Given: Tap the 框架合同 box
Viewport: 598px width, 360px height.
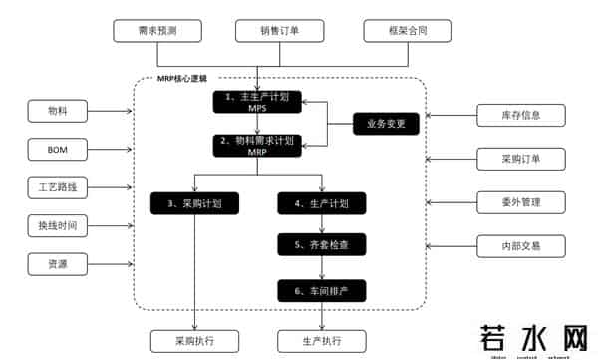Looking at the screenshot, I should click(x=408, y=31).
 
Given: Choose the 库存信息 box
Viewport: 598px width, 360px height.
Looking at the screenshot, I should click(x=521, y=116).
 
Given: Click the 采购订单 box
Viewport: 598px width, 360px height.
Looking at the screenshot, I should click(x=521, y=159).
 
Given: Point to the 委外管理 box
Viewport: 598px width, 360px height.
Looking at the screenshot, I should click(x=521, y=202).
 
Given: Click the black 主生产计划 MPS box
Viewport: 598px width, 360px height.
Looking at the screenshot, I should click(x=257, y=102).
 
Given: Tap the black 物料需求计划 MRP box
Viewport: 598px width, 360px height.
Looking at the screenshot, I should click(x=257, y=146).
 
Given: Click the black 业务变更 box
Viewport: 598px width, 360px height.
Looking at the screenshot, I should click(x=387, y=124).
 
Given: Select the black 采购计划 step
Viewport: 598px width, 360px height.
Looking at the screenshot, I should click(x=193, y=203).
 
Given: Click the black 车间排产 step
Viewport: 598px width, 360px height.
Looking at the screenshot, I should click(x=320, y=290).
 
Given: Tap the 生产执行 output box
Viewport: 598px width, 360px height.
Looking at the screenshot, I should click(x=320, y=341).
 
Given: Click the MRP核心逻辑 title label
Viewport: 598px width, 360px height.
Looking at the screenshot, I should click(x=187, y=78).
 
